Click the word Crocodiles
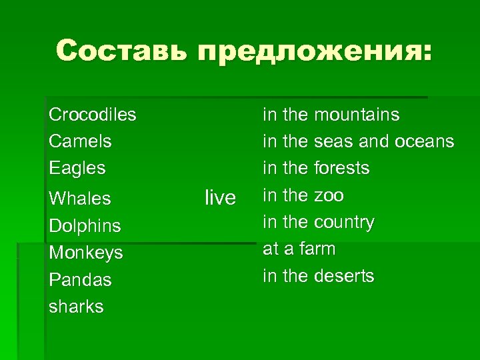pos(92,115)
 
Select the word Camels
pos(80,141)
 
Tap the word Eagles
pos(77,168)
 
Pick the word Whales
pos(79,199)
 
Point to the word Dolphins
pos(85,226)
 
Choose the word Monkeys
pos(85,253)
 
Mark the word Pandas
pos(80,280)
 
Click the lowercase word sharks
pos(76,307)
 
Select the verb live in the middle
pos(220,197)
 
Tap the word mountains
pos(357,115)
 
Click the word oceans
pos(425,141)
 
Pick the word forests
pos(341,168)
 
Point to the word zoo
pos(329,195)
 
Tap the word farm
pos(317,249)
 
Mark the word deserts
pos(344,276)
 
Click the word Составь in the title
pos(120,51)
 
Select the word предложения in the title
pos(310,52)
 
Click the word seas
pos(333,141)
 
